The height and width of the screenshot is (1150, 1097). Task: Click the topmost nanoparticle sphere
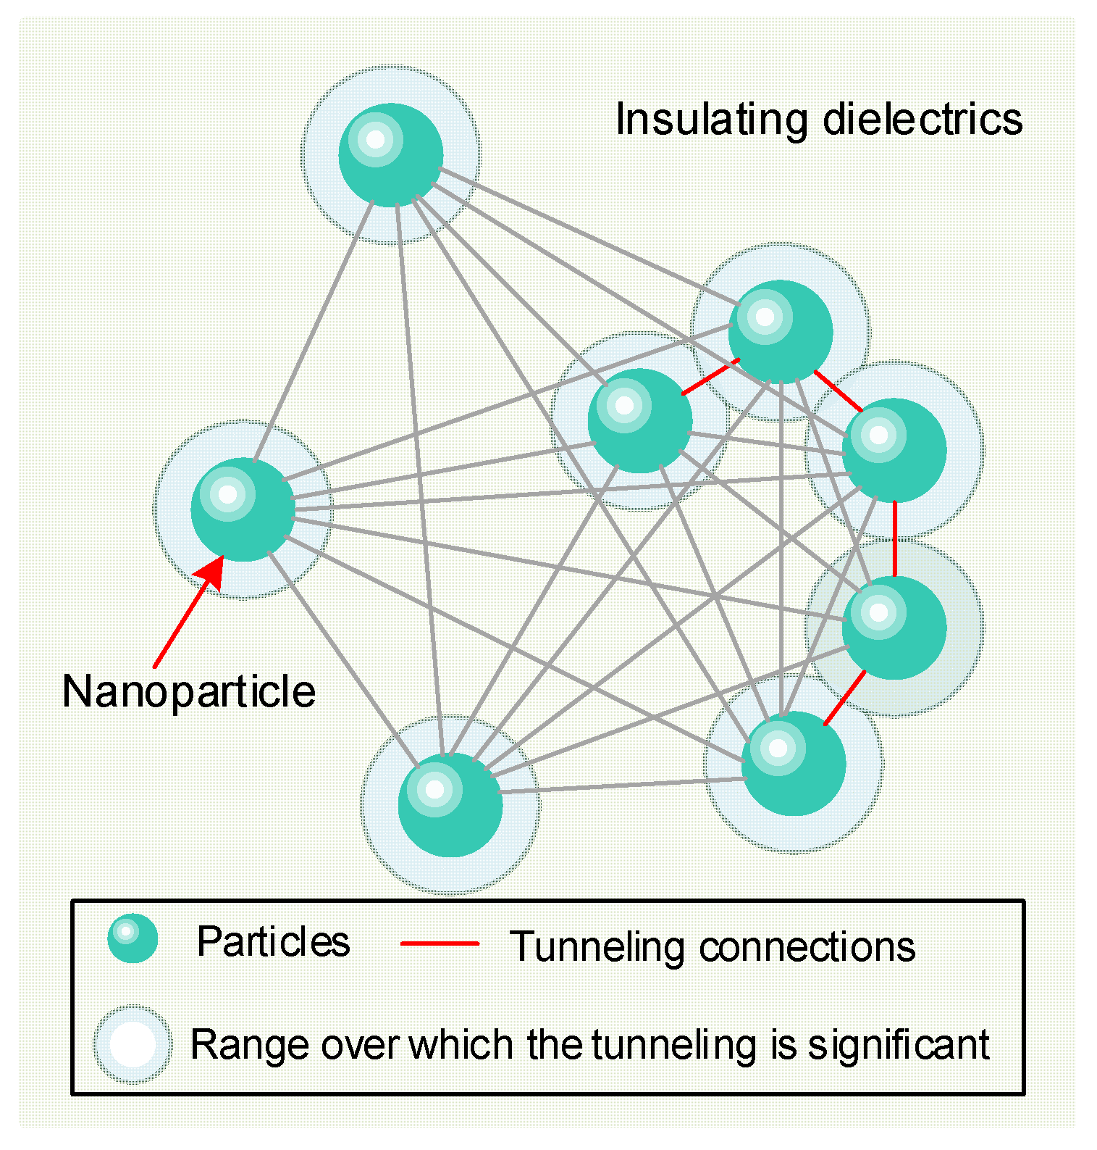(x=391, y=155)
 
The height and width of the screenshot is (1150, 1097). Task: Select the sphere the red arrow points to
(x=243, y=509)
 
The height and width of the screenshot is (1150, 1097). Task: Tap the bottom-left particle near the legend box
(x=450, y=804)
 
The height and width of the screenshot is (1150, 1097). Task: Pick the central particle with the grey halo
(x=640, y=421)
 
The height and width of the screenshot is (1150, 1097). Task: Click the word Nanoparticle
(x=189, y=691)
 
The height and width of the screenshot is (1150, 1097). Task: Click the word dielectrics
(x=922, y=120)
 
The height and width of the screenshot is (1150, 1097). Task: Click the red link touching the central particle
(x=710, y=377)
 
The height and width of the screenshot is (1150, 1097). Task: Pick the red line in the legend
(x=440, y=943)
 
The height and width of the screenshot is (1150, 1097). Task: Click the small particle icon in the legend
(x=133, y=938)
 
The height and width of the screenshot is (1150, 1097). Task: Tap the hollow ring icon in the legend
(x=133, y=1044)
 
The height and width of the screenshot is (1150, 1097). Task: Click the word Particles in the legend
(x=273, y=942)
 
